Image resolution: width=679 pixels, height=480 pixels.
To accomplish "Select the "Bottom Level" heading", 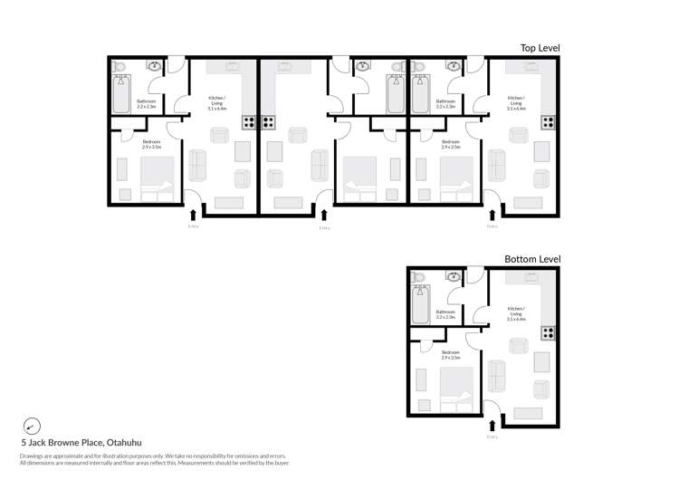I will (532, 259).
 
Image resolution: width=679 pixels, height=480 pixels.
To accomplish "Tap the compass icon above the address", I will (32, 426).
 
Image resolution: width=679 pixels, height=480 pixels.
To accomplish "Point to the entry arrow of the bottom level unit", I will (492, 425).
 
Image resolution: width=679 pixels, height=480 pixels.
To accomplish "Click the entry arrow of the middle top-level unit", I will (324, 215).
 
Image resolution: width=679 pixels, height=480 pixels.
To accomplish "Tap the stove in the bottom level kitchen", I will (548, 333).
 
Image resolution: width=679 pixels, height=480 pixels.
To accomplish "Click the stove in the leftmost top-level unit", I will (249, 122).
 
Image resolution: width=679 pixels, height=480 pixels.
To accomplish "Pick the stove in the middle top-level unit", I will (268, 122).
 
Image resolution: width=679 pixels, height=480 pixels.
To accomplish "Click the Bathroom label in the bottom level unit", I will (445, 314).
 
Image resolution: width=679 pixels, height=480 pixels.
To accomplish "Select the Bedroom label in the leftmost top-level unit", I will (151, 143).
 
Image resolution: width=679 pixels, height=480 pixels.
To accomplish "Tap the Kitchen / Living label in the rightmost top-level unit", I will (516, 101).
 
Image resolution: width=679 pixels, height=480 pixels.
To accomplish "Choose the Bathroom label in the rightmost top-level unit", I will (445, 103).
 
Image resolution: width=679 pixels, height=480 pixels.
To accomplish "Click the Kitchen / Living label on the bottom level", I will (516, 313).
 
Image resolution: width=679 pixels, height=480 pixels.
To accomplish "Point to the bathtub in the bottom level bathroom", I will (420, 304).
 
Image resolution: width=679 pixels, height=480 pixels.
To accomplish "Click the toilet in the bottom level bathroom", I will (418, 278).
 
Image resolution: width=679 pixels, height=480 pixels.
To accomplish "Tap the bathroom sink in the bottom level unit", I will (453, 276).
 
